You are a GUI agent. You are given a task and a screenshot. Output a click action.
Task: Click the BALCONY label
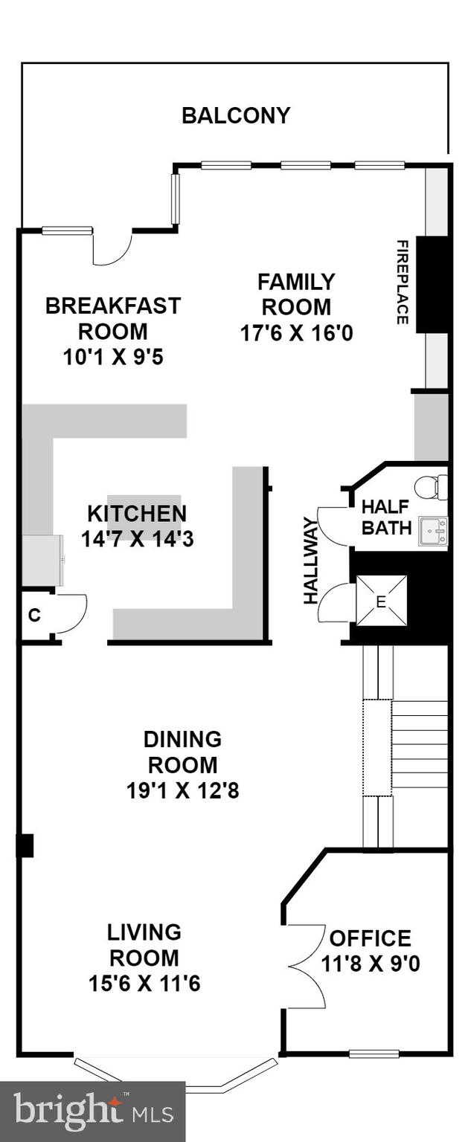click(236, 116)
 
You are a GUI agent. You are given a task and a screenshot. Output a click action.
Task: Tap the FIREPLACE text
click(402, 282)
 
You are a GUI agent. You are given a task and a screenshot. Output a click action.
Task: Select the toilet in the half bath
click(432, 487)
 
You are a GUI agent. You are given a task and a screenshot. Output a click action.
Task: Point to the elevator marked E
click(381, 601)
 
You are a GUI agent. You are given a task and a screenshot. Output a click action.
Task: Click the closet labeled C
click(34, 614)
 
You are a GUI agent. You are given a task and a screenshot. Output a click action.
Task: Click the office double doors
click(305, 966)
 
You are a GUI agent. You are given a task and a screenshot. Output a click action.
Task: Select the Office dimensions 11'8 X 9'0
click(371, 964)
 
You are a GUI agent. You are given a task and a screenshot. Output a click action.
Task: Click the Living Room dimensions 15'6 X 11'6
click(144, 984)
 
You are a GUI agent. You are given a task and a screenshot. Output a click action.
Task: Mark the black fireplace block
click(432, 284)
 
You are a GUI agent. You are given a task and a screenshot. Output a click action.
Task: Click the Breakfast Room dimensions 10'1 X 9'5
click(113, 357)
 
